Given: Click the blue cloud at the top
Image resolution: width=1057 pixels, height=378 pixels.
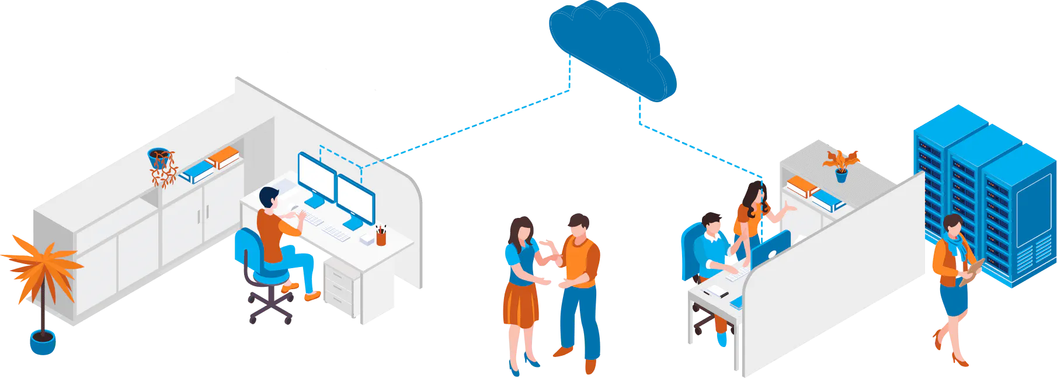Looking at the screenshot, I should [610, 47].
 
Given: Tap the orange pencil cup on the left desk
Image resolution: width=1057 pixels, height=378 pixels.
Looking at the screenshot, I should [381, 237].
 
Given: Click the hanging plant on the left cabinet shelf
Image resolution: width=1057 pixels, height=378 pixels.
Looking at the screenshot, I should [162, 167].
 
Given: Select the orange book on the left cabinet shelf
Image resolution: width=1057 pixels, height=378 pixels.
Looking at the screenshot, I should [223, 157].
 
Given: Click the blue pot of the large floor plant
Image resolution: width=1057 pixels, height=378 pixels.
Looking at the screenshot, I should [42, 342].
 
